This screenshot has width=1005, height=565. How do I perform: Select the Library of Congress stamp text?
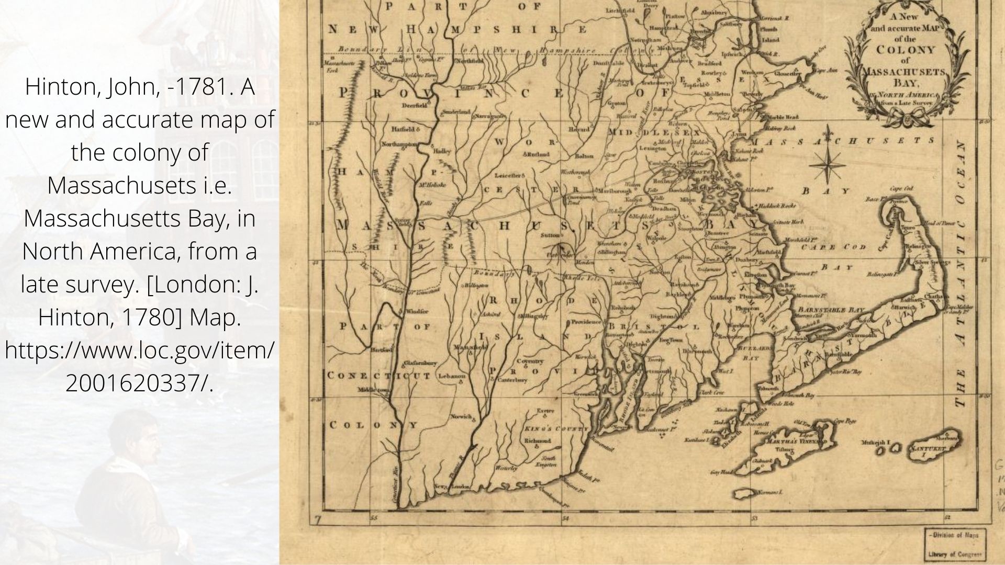coord(956,555)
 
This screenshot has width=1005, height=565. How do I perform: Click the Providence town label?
coord(586,322)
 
